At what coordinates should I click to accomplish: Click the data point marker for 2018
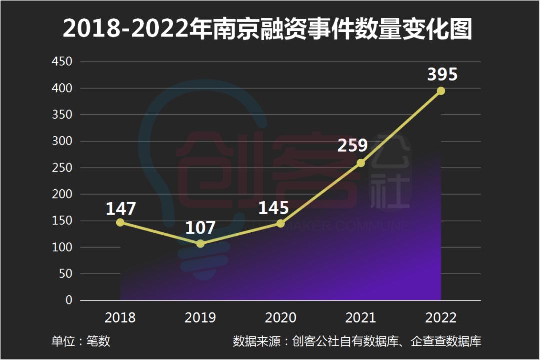[120, 222]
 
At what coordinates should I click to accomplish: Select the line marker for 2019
[200, 244]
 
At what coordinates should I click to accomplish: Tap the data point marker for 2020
[280, 223]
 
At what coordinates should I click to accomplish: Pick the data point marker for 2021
[361, 163]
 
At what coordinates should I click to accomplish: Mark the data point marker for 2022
[441, 91]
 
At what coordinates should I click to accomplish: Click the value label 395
[442, 74]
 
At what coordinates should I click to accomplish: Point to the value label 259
[352, 145]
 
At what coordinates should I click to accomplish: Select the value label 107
[200, 228]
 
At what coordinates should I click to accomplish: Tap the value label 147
[121, 208]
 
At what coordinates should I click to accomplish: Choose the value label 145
[273, 208]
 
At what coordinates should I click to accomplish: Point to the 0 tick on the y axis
[69, 300]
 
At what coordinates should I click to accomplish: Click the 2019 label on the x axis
[200, 318]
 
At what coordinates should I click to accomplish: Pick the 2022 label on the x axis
[441, 318]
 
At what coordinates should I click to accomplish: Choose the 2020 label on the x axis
[280, 318]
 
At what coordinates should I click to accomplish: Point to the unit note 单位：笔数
[81, 342]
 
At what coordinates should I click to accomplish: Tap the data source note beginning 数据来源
[357, 342]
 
